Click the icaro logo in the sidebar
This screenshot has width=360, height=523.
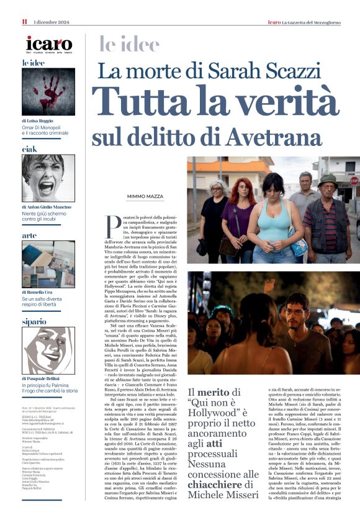click(48, 44)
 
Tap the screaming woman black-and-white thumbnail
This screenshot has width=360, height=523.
click(48, 178)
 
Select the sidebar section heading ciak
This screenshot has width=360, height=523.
click(29, 149)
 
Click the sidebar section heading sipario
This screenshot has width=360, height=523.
click(34, 322)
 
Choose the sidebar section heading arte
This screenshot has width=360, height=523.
click(29, 235)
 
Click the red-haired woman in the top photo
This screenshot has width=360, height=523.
click(239, 211)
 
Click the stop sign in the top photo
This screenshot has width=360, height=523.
click(354, 181)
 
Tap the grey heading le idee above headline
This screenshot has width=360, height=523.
click(129, 44)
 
